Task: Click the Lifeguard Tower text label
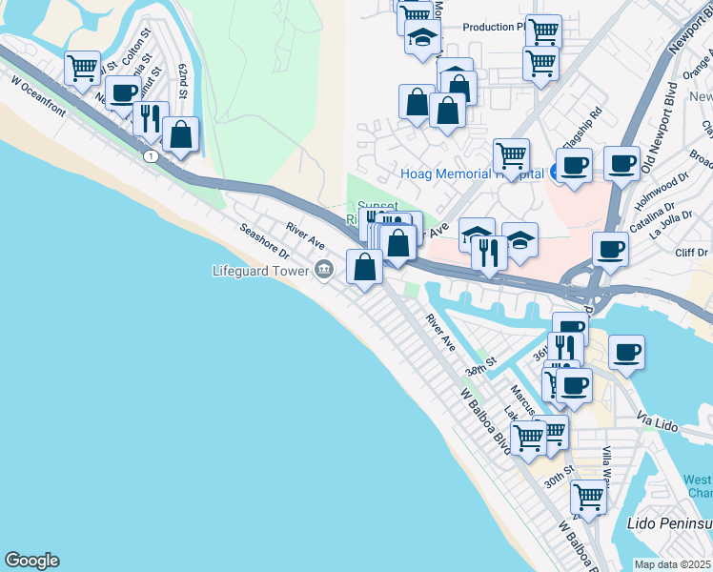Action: tap(262, 271)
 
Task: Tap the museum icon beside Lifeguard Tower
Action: tap(324, 271)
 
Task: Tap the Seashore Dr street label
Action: tap(264, 242)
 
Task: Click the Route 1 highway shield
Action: tap(151, 156)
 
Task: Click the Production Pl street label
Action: tap(494, 27)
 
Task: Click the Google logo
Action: tap(31, 561)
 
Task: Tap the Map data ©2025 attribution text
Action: tap(673, 564)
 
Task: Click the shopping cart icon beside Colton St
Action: tap(84, 67)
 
